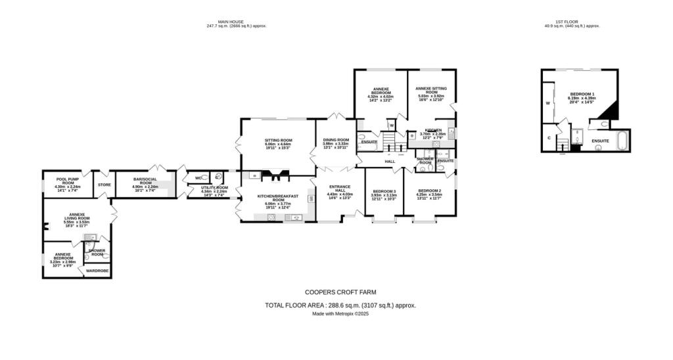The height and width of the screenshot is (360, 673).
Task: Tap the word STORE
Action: pyautogui.click(x=104, y=185)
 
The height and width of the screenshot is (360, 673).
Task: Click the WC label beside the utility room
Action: pyautogui.click(x=198, y=178)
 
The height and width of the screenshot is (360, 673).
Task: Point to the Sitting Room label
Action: pyautogui.click(x=278, y=142)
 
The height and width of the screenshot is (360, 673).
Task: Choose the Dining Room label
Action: pyautogui.click(x=335, y=142)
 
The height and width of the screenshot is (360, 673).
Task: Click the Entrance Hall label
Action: pyautogui.click(x=340, y=191)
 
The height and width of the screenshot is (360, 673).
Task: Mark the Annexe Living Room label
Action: pyautogui.click(x=76, y=219)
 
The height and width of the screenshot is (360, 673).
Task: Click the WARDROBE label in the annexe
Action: pyautogui.click(x=97, y=271)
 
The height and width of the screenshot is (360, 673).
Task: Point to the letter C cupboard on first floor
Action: pyautogui.click(x=549, y=138)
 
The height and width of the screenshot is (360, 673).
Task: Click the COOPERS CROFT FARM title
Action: pyautogui.click(x=340, y=292)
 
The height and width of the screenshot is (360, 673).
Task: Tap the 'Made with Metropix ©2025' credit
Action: pyautogui.click(x=340, y=314)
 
